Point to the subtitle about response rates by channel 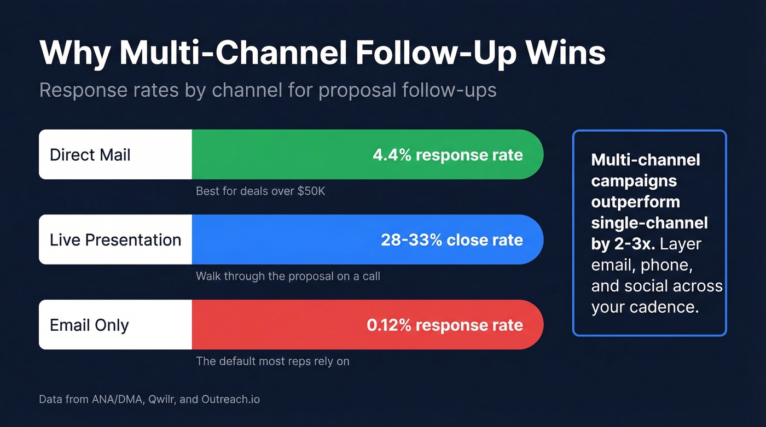coord(268,90)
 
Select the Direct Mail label coord(90,155)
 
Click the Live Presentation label coord(115,240)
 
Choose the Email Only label coord(89,325)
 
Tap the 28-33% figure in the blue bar coord(411,240)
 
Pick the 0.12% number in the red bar coord(389,325)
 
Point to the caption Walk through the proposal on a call coord(288,276)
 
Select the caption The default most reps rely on coord(272,361)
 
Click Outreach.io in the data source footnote coord(230,399)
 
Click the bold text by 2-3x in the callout coord(623,244)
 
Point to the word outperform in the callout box coord(636,202)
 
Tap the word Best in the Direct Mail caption coord(207,191)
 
